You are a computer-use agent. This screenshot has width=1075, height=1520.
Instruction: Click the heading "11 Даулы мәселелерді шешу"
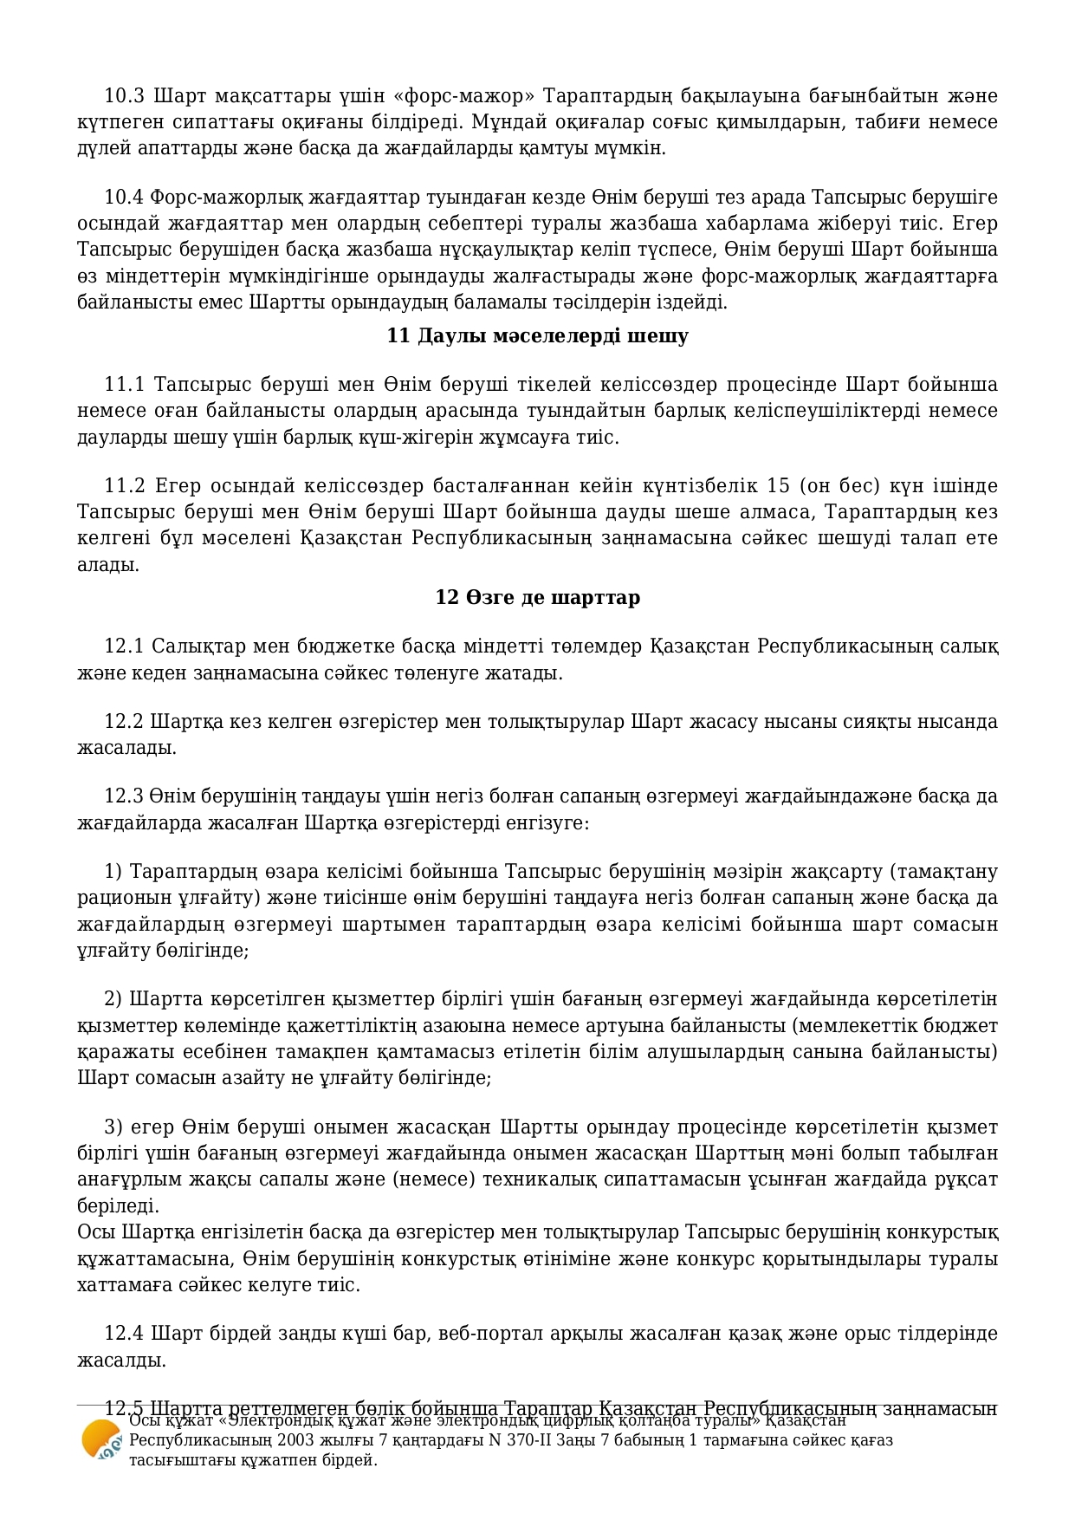coord(537,335)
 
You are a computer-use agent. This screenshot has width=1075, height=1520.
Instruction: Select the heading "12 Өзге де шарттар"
coord(537,597)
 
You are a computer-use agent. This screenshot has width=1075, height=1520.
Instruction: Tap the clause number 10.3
coord(123,95)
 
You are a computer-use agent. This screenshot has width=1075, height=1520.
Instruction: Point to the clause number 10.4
coord(123,197)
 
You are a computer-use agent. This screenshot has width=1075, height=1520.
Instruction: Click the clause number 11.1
coord(123,384)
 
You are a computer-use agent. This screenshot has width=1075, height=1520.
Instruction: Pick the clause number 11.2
coord(123,485)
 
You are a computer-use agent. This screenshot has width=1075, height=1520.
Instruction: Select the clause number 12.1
coord(123,646)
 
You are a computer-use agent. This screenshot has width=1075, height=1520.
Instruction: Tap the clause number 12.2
coord(123,721)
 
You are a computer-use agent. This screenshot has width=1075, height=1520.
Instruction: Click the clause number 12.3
coord(123,796)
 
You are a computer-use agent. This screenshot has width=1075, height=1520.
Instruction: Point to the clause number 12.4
coord(123,1333)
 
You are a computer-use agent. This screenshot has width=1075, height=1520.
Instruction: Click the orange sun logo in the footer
coord(100,1440)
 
